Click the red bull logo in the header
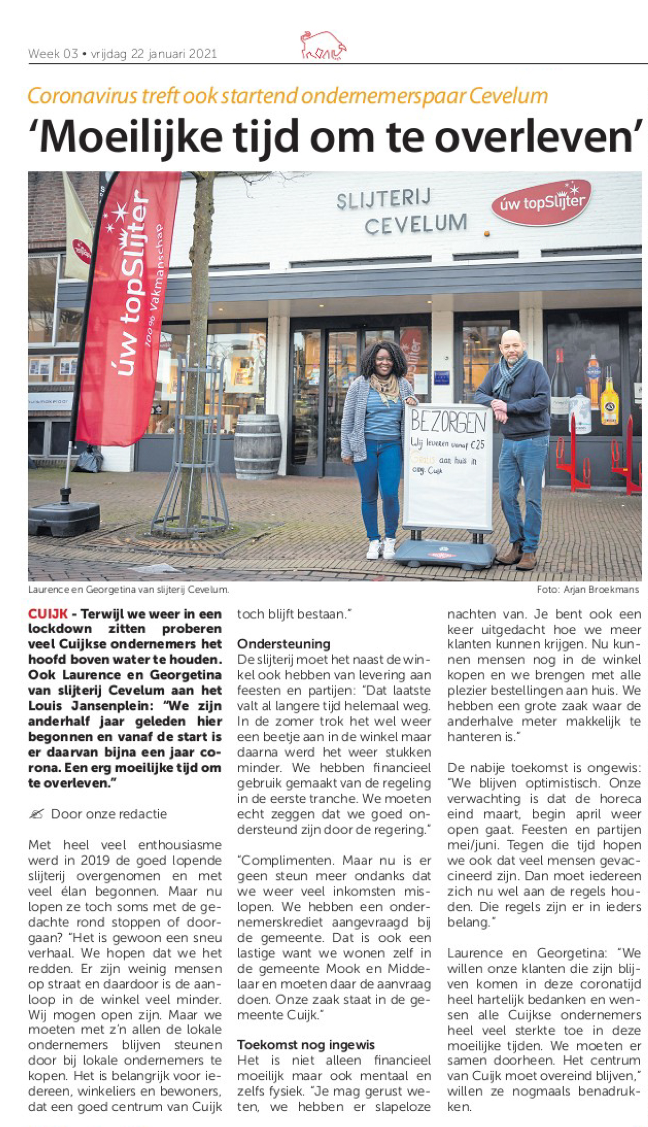(323, 46)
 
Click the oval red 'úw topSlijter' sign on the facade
(541, 203)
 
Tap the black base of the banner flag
(63, 519)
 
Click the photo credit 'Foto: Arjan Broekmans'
(587, 589)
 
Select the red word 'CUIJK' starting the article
(48, 614)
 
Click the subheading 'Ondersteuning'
(284, 644)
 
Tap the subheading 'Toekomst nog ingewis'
(306, 1045)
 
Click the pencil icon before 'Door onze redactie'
(36, 814)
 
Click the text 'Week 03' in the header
(53, 54)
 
